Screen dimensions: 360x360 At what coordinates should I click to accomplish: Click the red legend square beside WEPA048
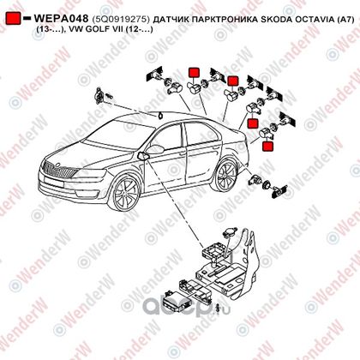click(x=13, y=18)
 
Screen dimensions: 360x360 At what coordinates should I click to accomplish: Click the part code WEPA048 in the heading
click(x=61, y=19)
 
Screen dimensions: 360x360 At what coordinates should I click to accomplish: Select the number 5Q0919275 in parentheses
click(x=121, y=19)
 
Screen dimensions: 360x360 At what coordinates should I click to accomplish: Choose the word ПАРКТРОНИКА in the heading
click(x=224, y=19)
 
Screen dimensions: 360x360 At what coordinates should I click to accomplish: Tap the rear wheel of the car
click(x=226, y=175)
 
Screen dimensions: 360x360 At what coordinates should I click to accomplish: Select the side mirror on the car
click(x=153, y=150)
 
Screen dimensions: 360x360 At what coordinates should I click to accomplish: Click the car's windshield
click(x=121, y=135)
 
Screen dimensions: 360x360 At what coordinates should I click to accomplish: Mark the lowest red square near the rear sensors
click(x=267, y=146)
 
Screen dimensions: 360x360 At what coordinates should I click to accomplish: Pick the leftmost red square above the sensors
click(x=194, y=73)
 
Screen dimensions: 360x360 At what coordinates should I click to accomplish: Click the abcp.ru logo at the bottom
click(x=186, y=307)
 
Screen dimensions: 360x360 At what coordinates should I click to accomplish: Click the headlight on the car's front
click(x=90, y=174)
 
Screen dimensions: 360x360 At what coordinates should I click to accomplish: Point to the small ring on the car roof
click(x=159, y=116)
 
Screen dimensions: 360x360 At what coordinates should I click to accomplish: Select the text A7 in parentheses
click(x=345, y=19)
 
